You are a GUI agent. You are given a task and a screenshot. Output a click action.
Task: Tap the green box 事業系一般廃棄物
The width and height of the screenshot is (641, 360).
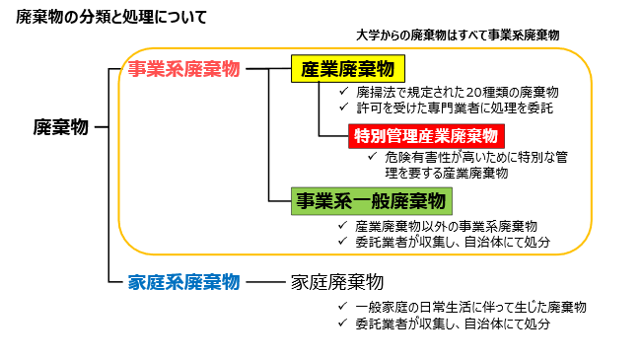368,201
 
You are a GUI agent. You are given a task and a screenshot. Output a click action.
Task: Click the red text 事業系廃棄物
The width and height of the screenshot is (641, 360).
183,69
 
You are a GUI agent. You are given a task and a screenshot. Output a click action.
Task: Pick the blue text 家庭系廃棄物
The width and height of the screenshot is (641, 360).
184,281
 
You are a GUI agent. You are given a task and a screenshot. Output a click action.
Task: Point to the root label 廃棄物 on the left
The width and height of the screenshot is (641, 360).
61,127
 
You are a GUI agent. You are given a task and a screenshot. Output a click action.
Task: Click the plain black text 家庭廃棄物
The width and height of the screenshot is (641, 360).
336,281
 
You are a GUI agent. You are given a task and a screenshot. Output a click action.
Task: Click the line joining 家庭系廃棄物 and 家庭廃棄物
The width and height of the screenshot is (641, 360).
265,281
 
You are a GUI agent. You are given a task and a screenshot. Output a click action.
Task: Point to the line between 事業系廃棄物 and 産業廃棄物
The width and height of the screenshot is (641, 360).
264,69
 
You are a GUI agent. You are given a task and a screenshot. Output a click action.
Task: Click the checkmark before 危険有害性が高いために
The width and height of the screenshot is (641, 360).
372,157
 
